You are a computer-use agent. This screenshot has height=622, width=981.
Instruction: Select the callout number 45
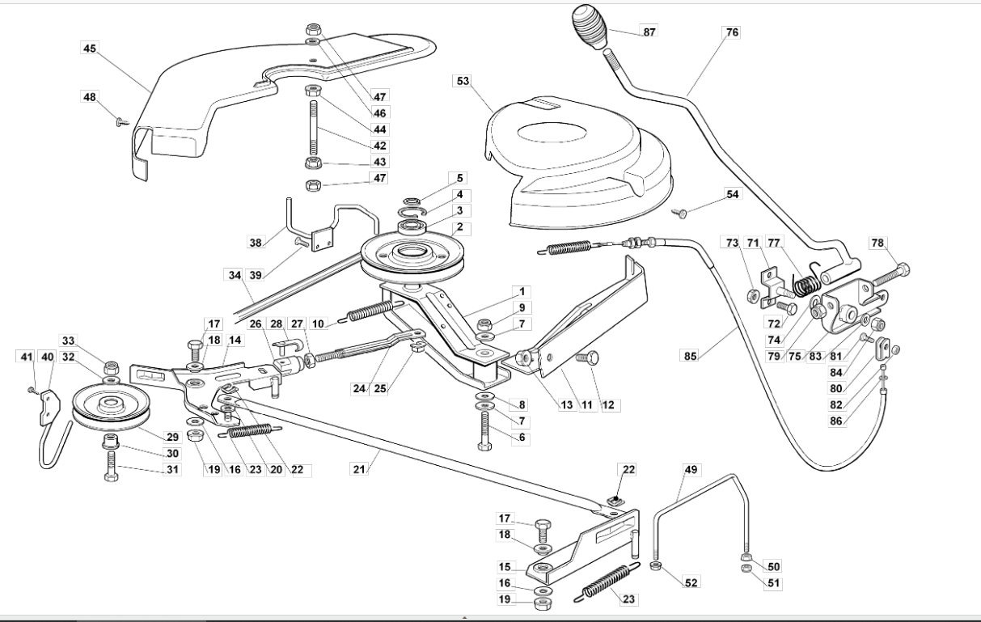(89, 48)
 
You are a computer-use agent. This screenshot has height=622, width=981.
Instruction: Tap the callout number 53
(463, 81)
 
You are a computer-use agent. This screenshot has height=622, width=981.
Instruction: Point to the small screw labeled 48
(122, 122)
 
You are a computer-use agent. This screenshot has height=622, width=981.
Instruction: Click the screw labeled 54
(679, 213)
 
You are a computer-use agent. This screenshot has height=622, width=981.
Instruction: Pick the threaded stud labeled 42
(314, 127)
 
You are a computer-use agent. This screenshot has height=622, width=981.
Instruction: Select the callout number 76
(732, 32)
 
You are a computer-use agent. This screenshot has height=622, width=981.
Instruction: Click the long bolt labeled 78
(890, 275)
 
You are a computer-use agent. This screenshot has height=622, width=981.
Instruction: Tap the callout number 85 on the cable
(690, 356)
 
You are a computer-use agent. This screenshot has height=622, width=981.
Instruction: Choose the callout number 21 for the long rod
(359, 469)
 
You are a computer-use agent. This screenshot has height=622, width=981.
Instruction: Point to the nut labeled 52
(655, 565)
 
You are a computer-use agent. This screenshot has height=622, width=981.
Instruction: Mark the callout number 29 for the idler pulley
(172, 437)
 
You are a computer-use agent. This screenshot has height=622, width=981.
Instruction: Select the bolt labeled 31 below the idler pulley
(112, 466)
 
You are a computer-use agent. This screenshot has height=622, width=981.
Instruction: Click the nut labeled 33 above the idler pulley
(112, 367)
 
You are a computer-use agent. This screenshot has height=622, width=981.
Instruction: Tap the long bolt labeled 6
(484, 431)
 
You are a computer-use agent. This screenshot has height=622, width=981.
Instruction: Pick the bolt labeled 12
(587, 358)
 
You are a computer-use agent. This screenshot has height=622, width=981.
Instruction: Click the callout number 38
(256, 242)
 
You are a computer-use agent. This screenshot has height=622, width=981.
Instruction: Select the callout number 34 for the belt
(235, 275)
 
